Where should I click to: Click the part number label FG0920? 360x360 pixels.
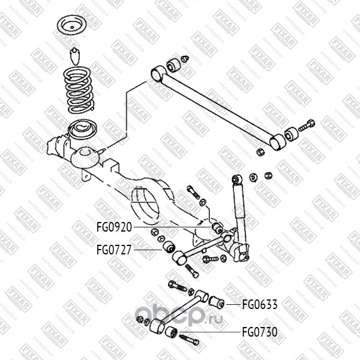coord(113,227)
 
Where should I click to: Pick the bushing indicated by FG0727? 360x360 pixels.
coord(169,247)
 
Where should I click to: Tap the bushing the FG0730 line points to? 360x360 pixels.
coord(172,331)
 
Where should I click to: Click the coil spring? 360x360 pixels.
coord(79,90)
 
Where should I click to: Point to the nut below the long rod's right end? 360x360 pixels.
coord(260,152)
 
